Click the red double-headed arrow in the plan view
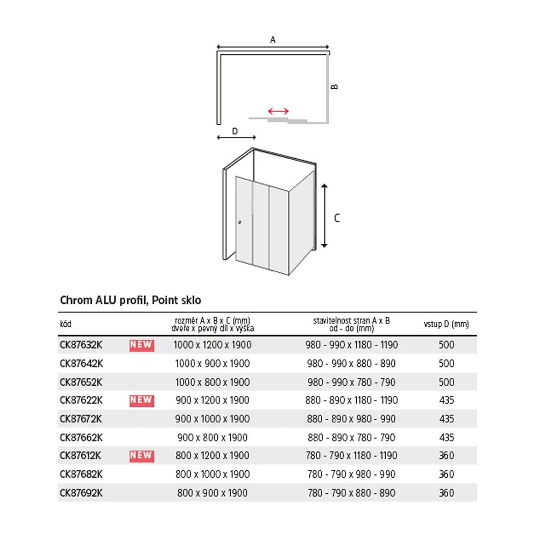click(x=278, y=111)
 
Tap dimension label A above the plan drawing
click(x=273, y=39)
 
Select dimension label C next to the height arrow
click(x=337, y=218)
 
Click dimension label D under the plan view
click(x=235, y=131)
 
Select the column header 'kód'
click(x=65, y=324)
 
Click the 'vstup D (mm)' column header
click(x=446, y=324)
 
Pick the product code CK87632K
click(x=81, y=345)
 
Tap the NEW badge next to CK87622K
click(x=141, y=400)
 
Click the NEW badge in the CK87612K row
click(x=141, y=456)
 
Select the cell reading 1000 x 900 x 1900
click(x=213, y=364)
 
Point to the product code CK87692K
click(x=81, y=493)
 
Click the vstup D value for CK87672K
click(x=447, y=419)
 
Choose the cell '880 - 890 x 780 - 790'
click(x=351, y=437)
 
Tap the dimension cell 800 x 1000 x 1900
click(x=213, y=475)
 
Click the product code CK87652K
click(x=81, y=382)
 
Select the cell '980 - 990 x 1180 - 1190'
click(x=351, y=345)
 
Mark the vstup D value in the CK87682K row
click(x=447, y=475)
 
